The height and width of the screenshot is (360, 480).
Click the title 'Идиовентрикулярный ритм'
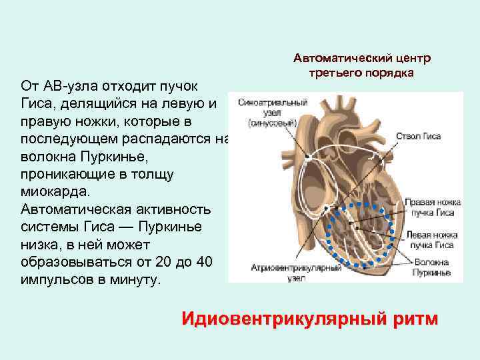coord(310,318)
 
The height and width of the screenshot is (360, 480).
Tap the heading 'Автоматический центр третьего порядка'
coord(361,65)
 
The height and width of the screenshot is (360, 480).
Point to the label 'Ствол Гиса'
coord(419,136)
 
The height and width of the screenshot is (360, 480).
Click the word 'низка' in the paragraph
coord(39,244)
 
